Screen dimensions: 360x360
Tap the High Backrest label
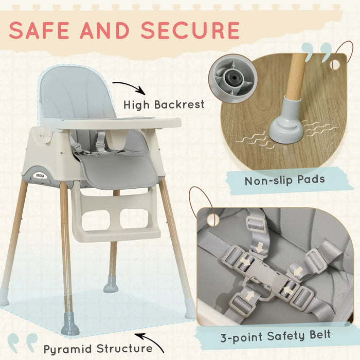pos(164,104)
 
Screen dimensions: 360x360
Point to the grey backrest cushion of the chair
pos(77,93)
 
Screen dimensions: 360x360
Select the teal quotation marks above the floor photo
pos(316,52)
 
